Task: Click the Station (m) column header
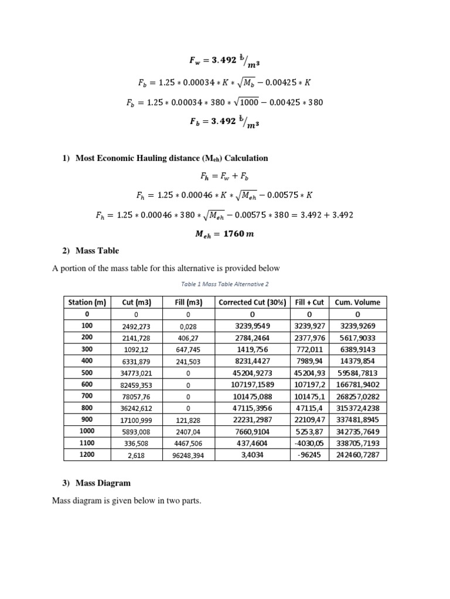pos(87,302)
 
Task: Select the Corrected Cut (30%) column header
pos(252,302)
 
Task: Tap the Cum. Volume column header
pos(357,302)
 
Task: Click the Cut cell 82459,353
pos(137,384)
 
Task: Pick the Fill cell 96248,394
pos(188,455)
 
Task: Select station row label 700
pos(87,396)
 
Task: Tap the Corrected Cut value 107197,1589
pos(252,384)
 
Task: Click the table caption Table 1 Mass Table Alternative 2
pos(225,284)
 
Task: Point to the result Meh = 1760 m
pos(225,234)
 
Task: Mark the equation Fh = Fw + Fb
pos(225,175)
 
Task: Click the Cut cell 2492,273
pos(137,325)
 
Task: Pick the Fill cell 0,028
pos(188,325)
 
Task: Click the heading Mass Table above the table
pos(97,250)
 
